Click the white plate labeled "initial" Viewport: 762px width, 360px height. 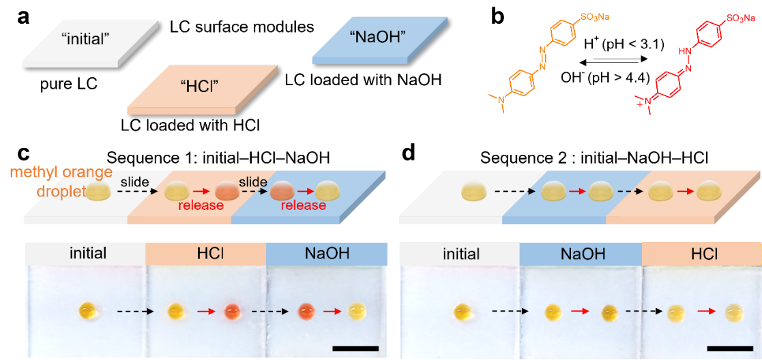tap(89, 42)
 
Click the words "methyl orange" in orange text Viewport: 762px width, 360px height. tap(61, 172)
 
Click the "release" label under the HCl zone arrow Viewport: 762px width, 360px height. tap(201, 205)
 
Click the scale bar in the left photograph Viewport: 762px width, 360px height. tap(355, 348)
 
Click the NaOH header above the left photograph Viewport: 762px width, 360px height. tap(325, 254)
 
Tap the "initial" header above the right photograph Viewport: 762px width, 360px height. tap(460, 254)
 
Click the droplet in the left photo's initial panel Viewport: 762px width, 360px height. tap(89, 312)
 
